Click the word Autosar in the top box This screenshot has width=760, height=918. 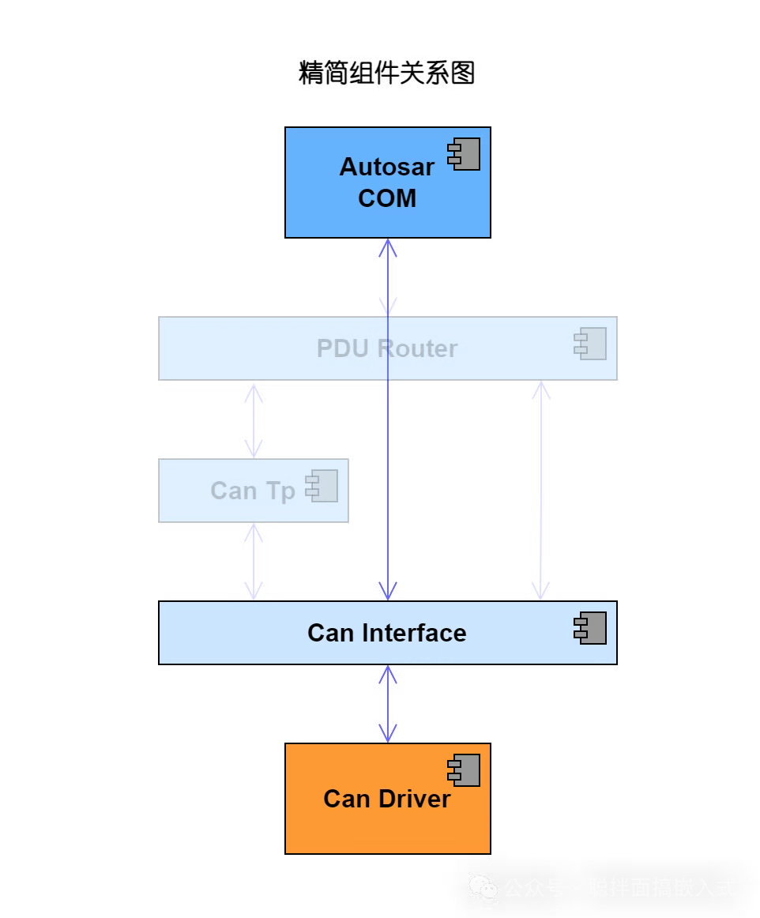point(387,167)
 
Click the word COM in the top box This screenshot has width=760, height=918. point(387,198)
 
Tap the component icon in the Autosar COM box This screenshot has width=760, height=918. point(465,154)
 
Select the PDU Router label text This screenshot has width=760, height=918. point(387,348)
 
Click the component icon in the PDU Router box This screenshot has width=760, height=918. point(591,344)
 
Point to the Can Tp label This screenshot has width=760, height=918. point(253,491)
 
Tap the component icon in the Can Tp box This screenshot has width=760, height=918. point(322,486)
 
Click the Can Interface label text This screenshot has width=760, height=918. point(387,633)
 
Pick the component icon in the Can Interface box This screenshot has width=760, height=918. point(591,628)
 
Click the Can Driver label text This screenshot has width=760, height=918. point(387,799)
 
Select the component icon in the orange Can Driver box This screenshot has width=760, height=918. point(465,770)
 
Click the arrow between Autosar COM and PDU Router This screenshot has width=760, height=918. point(387,277)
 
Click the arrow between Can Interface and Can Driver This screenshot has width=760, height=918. point(387,704)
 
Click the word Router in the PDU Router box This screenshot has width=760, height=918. point(418,348)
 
